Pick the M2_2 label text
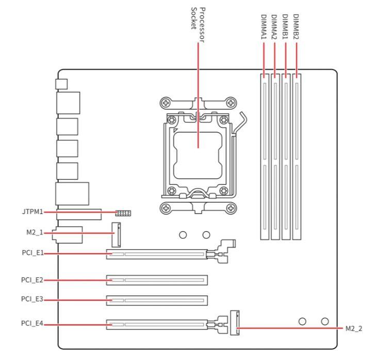click(x=353, y=328)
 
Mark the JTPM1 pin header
click(x=123, y=212)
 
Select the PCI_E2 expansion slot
click(x=157, y=280)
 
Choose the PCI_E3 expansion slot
click(x=157, y=299)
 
